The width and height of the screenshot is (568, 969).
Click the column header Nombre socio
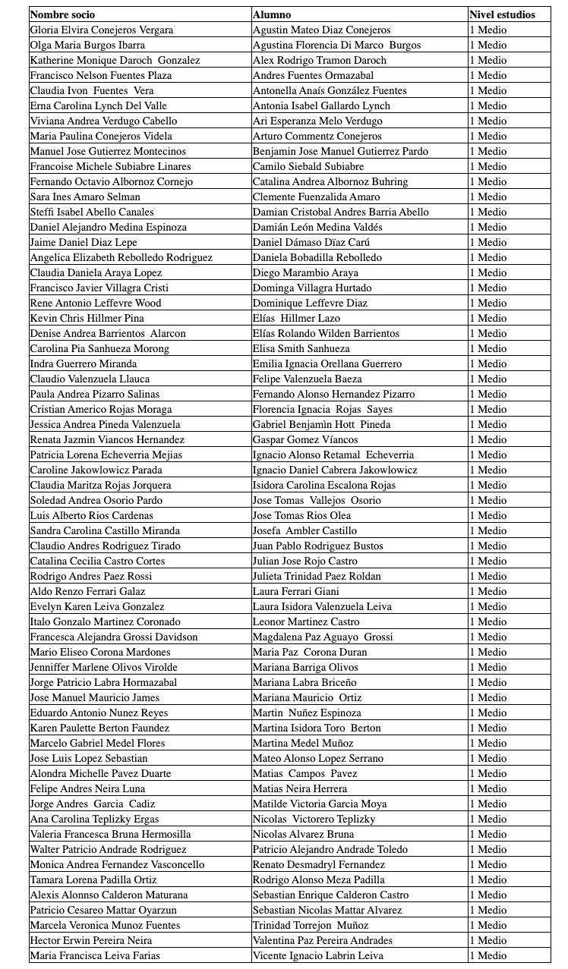pos(63,14)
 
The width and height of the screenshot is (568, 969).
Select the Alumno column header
pos(272,14)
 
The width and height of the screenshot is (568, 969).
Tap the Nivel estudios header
pos(502,14)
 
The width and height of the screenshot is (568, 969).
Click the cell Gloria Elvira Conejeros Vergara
pos(102,30)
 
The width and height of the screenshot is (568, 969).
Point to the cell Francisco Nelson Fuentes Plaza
pos(101,75)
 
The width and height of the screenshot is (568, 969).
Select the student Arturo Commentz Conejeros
pos(317,136)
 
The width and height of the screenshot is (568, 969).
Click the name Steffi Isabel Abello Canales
pos(92,212)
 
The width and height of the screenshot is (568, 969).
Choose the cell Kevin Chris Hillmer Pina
pos(87,318)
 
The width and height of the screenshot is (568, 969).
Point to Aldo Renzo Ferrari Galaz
pos(87,591)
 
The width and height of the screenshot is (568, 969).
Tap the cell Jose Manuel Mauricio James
pos(95,697)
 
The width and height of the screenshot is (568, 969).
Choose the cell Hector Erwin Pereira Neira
pos(91,940)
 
